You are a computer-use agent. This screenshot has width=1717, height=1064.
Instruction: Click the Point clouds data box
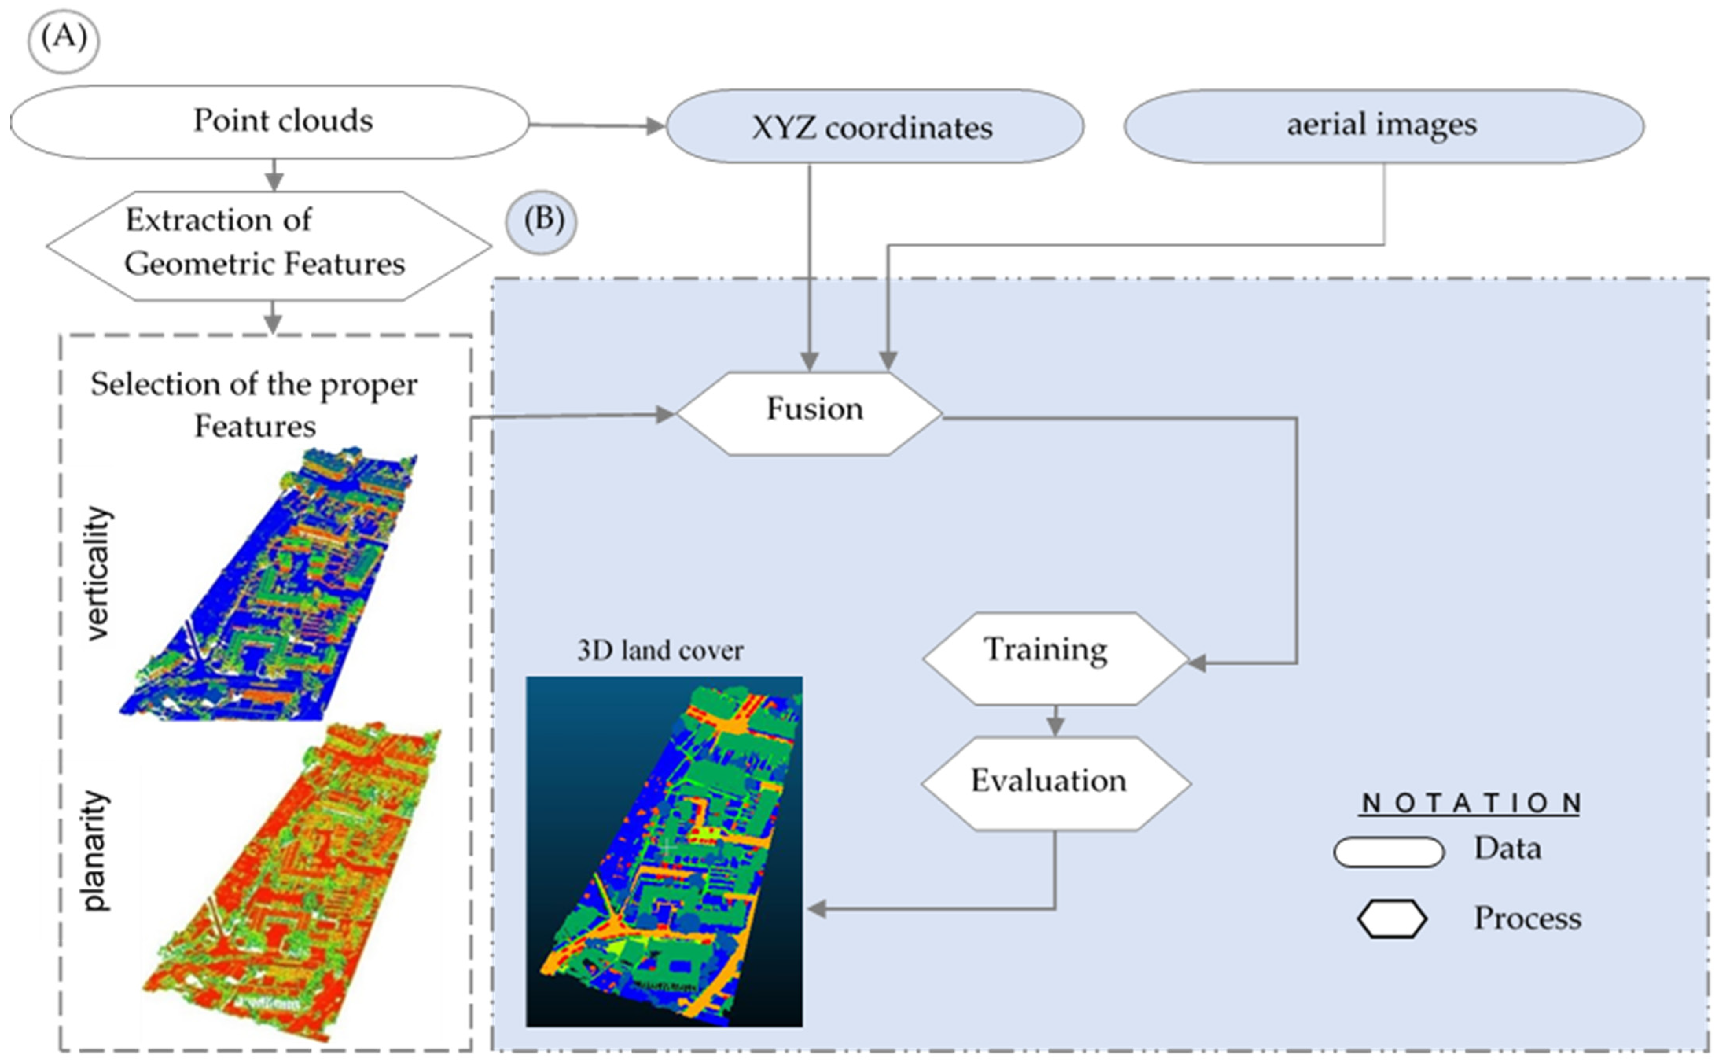pos(270,122)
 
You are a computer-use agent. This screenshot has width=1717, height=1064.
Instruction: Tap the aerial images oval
pos(1383,125)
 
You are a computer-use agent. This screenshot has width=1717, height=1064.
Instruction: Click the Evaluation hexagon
pos(1055,782)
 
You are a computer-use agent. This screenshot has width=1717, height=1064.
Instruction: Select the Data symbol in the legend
pos(1388,852)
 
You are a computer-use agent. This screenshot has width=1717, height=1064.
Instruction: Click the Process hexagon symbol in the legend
pos(1391,919)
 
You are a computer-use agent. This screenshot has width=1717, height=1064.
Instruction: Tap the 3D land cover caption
pos(660,651)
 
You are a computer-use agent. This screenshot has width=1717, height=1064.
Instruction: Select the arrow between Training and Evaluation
pos(1054,721)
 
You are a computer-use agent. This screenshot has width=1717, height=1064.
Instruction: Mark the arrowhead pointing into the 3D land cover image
pos(816,909)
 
